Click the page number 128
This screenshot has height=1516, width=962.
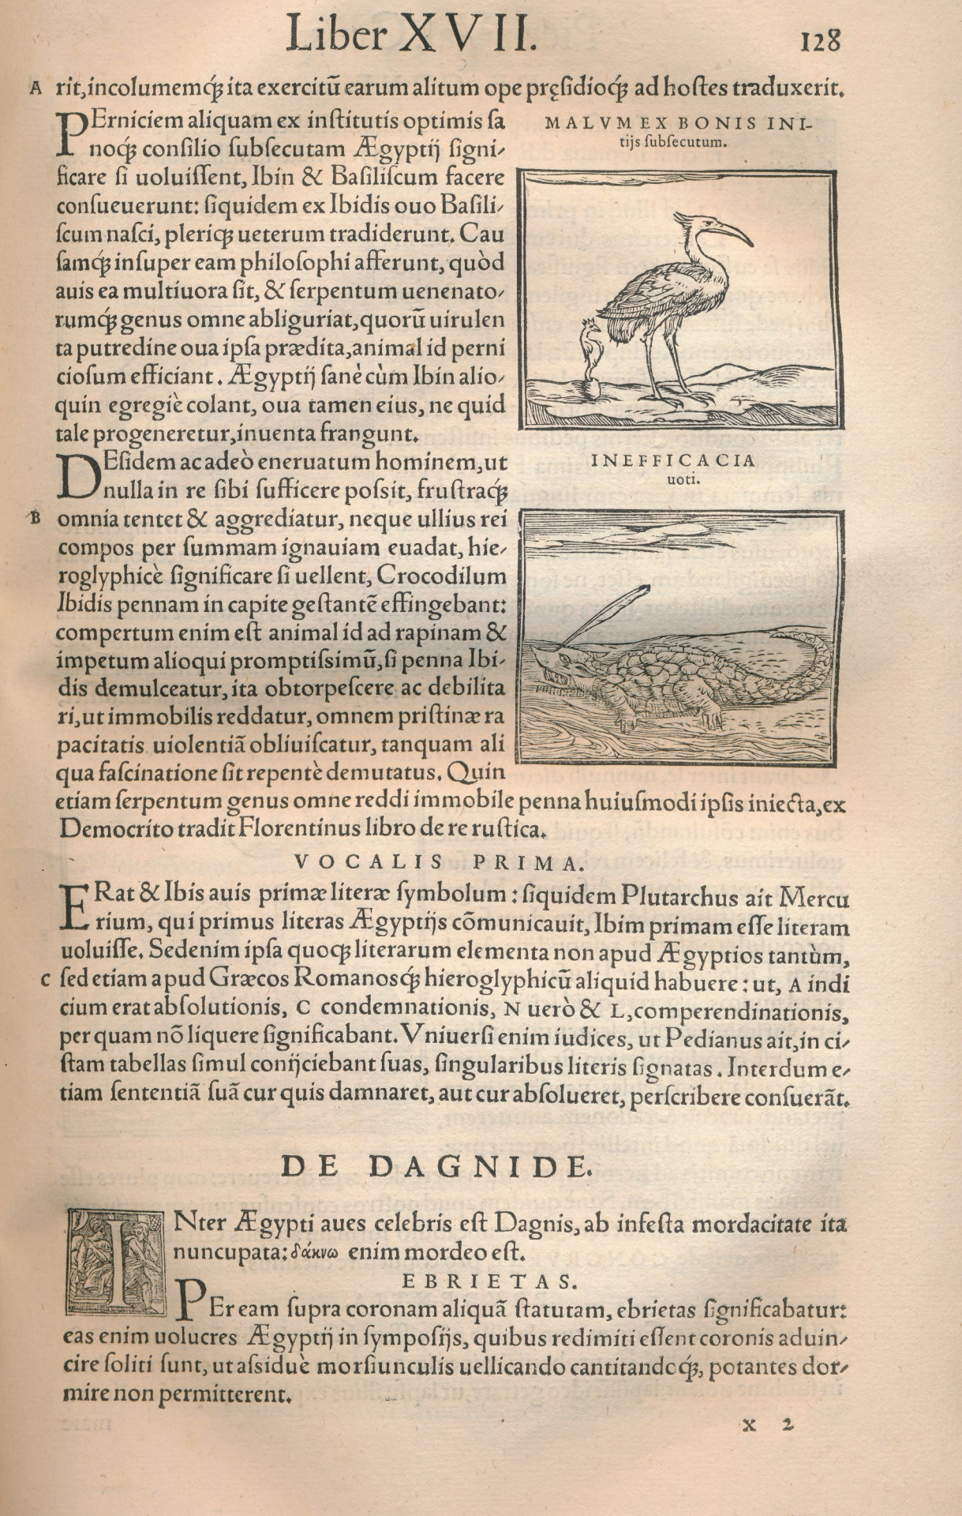[820, 40]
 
